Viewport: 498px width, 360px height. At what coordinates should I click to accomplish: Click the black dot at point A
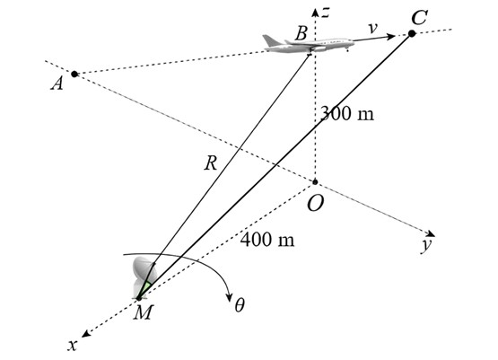[74, 74]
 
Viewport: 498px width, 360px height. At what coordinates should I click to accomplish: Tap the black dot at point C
[412, 33]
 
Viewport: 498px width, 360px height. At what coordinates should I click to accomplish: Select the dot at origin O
[315, 182]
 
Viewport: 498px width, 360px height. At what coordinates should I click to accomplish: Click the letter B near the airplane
[301, 33]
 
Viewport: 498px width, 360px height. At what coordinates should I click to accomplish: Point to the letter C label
[419, 17]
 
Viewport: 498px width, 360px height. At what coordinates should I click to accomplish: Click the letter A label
[57, 84]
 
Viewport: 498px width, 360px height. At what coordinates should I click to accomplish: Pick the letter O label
[315, 204]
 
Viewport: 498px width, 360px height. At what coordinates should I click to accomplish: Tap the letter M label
[144, 312]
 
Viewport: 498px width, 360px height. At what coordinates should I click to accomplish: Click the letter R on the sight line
[211, 164]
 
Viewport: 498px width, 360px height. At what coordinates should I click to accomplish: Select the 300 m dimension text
[347, 113]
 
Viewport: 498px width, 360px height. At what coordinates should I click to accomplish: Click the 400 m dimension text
[267, 240]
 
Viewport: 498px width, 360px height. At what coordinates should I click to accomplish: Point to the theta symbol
[240, 305]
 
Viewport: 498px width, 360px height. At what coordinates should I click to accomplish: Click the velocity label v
[373, 28]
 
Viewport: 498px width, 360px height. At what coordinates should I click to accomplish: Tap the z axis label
[326, 13]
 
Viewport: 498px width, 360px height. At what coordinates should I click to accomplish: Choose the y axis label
[426, 246]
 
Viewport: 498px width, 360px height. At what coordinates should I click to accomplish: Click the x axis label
[73, 345]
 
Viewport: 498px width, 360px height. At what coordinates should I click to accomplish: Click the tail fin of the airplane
[270, 40]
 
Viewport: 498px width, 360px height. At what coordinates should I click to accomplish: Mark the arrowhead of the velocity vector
[390, 36]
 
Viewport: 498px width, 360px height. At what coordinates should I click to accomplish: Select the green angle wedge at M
[146, 287]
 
